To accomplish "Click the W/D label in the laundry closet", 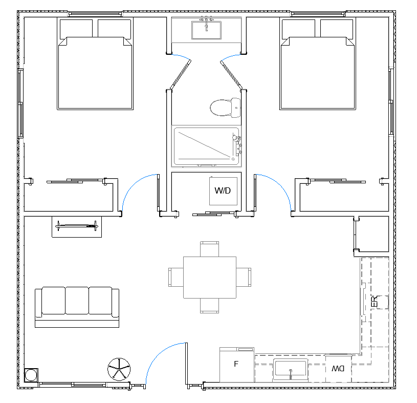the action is point(223,190).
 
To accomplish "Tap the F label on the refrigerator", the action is point(236,364).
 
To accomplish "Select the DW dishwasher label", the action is point(338,368).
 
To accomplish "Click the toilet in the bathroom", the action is point(225,108).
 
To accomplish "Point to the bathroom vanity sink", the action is point(206,30).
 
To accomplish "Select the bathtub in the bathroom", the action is point(206,146).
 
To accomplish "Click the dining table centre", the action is point(210,278).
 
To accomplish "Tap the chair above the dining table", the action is point(210,249).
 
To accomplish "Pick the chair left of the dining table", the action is point(176,277).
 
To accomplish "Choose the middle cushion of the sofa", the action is point(77,301).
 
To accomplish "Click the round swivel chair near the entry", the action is point(119,369).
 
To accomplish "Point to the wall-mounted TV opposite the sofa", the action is point(77,226).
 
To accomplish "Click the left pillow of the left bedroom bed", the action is point(76,28).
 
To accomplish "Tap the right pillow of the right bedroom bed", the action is point(337,28).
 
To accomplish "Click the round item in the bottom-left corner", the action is point(31,375).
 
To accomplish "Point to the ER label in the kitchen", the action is point(374,302).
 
